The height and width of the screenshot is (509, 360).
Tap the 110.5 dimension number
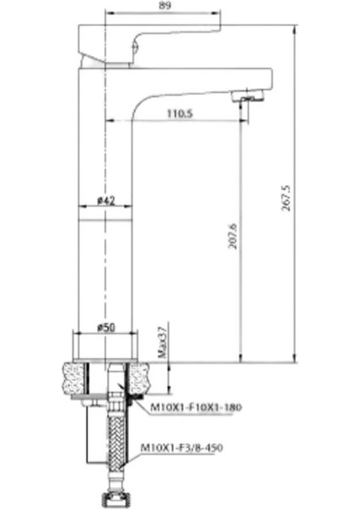point(178,112)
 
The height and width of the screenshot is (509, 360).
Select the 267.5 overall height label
point(287,199)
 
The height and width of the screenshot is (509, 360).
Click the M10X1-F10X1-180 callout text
point(195,408)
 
